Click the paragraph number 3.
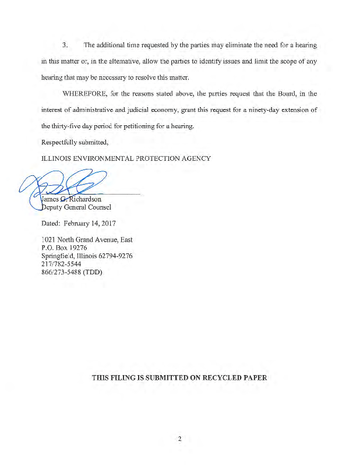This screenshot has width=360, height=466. [65, 45]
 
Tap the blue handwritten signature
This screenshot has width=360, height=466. [64, 183]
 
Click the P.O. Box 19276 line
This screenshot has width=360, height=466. [64, 248]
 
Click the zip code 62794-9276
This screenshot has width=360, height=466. [115, 256]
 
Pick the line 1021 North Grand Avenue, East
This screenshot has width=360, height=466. [87, 239]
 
